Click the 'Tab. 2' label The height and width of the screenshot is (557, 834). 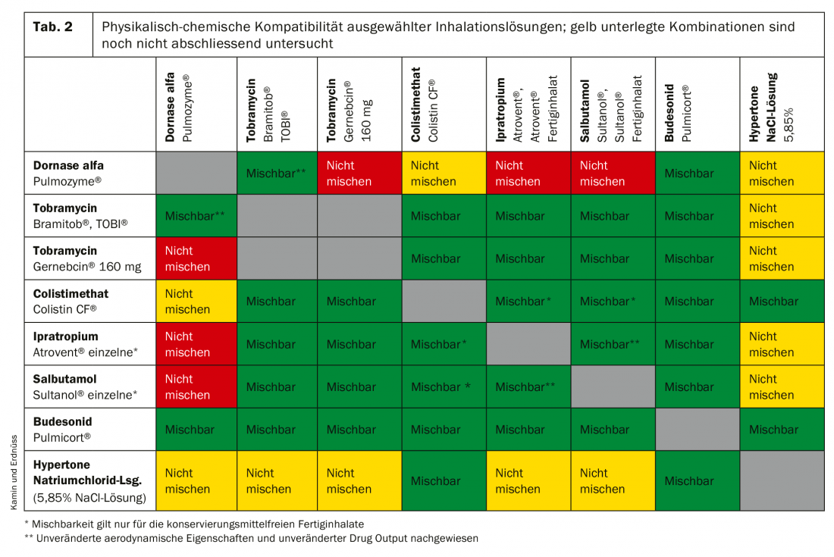[x=53, y=27]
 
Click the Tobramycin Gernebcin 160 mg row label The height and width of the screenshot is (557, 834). [x=76, y=258]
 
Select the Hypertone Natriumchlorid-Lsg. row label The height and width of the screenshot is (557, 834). [x=87, y=480]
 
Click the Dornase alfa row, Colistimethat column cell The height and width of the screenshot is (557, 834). [x=444, y=173]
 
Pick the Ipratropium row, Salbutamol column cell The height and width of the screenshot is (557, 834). [x=613, y=344]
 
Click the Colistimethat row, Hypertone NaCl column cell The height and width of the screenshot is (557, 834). [x=782, y=301]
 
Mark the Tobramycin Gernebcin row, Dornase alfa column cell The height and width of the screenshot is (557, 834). [x=196, y=258]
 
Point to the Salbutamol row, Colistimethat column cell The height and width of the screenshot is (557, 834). [x=444, y=386]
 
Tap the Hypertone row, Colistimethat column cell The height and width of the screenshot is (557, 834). [x=444, y=480]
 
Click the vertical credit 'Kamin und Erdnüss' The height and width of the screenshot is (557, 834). [x=14, y=470]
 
